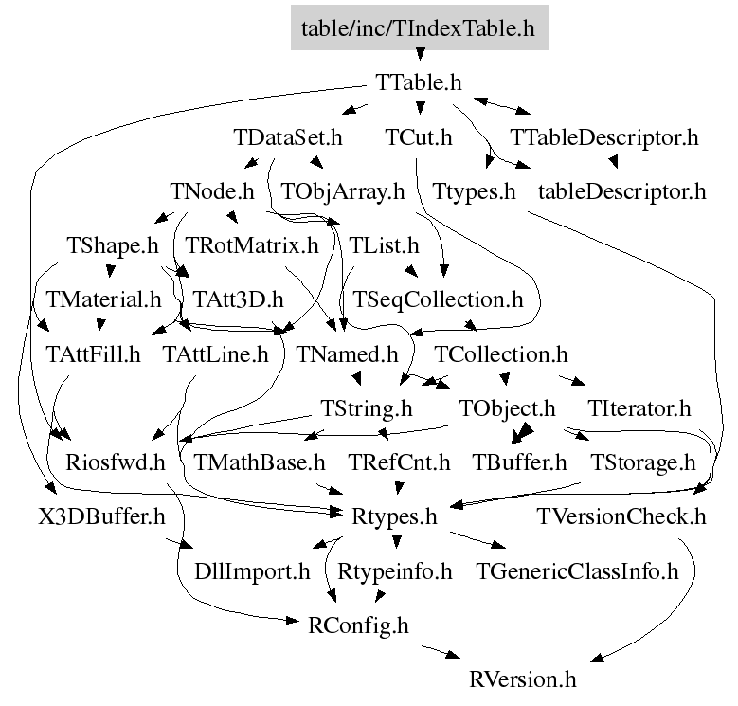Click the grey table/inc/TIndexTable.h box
(418, 28)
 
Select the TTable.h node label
(419, 82)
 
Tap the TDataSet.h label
(287, 137)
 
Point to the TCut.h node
(419, 137)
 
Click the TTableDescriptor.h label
(604, 137)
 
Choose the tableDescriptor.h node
(622, 191)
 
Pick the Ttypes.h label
(474, 191)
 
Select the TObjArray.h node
(342, 191)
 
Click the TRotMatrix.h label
(252, 246)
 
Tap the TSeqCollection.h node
(438, 300)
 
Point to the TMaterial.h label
(103, 300)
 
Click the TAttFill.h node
(93, 355)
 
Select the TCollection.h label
(501, 355)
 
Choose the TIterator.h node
(639, 409)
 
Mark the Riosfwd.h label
(116, 463)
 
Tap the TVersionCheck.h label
(622, 517)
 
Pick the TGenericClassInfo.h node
(578, 571)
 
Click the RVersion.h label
(522, 679)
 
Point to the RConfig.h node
(359, 625)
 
